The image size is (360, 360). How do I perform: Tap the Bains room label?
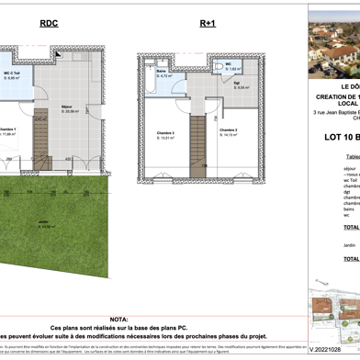click(x=161, y=73)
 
